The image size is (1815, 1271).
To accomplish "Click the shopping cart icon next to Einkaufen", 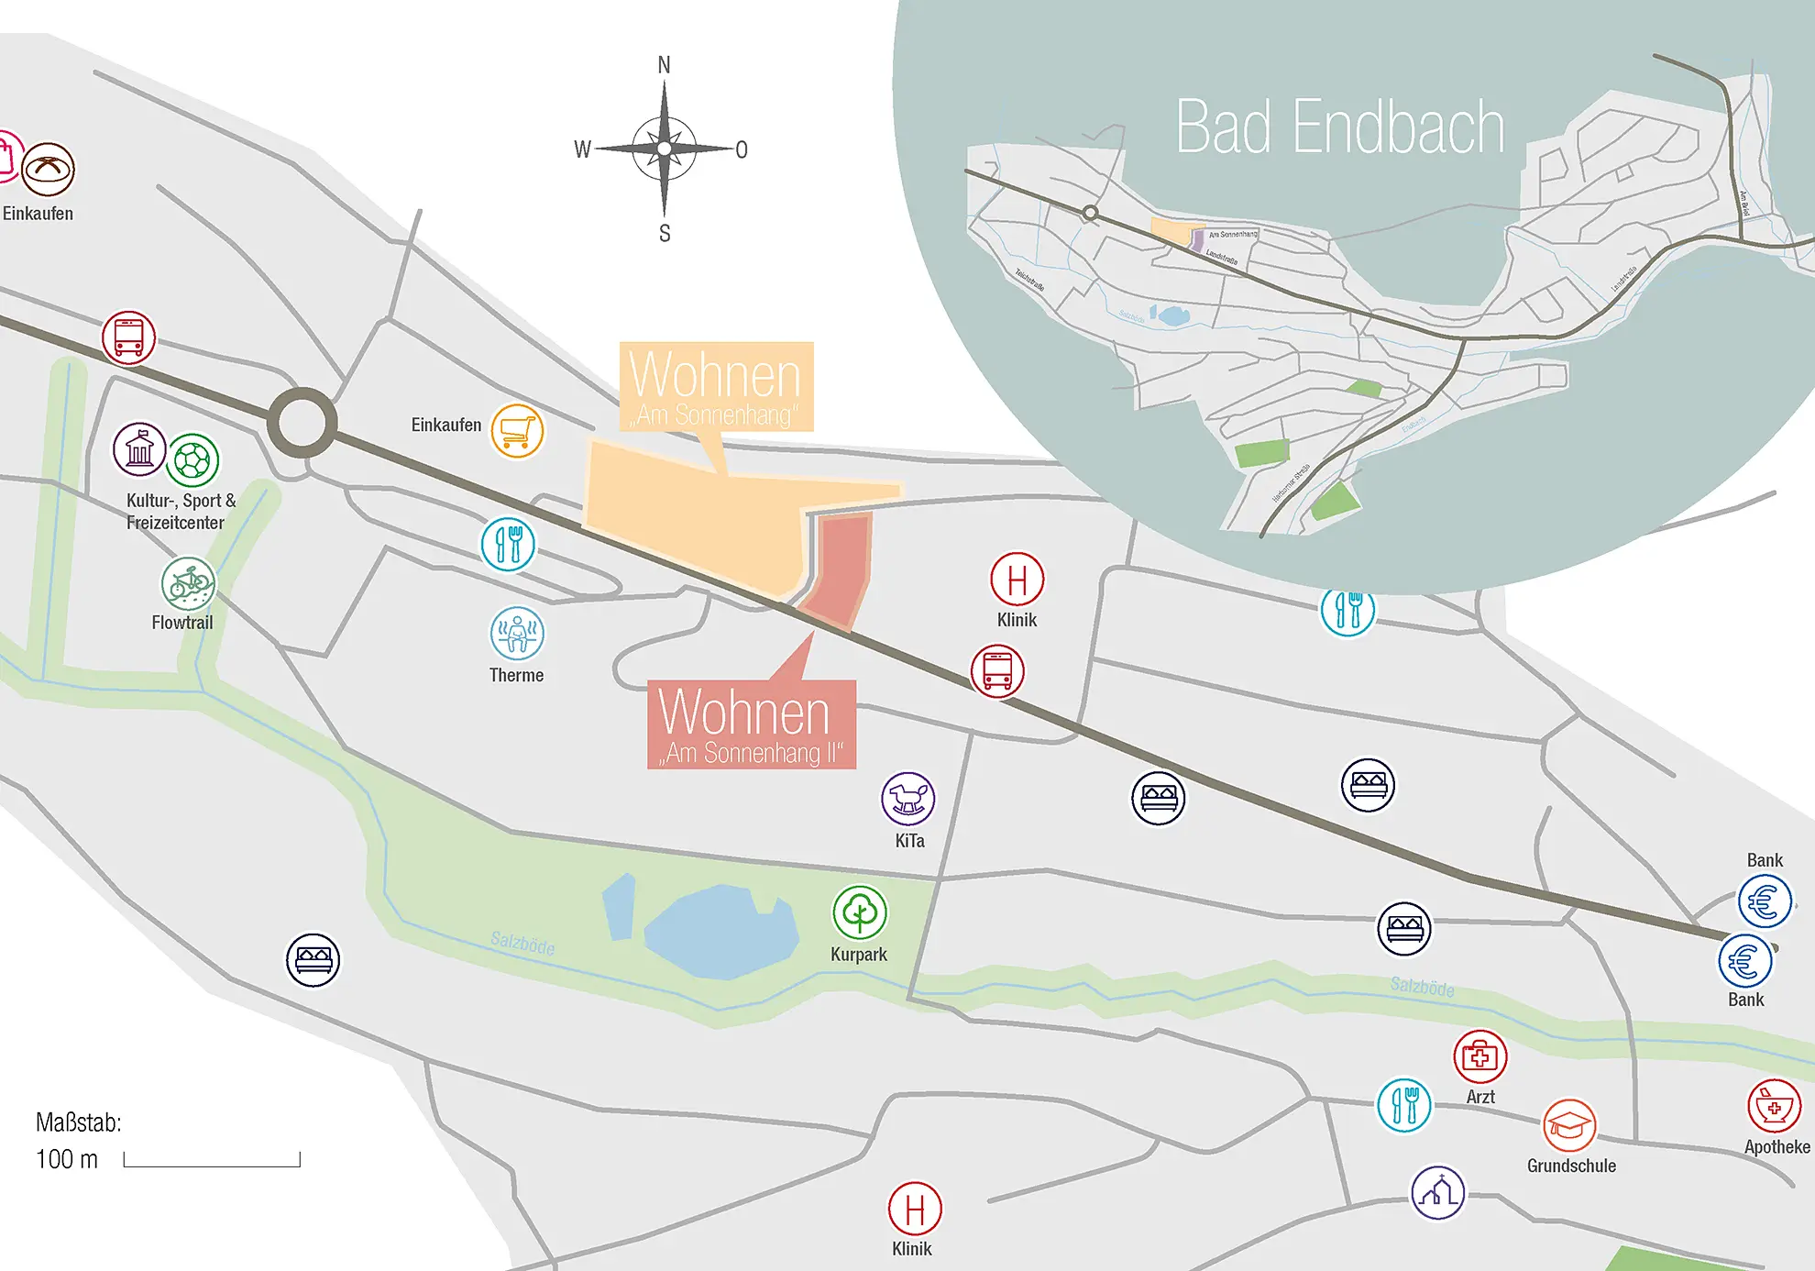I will tap(517, 431).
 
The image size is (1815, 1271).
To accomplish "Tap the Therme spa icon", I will tap(517, 633).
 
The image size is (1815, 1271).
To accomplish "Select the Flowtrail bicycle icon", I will tap(188, 583).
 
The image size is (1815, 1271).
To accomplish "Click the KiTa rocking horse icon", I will tap(907, 798).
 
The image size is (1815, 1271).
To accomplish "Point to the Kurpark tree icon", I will tap(860, 912).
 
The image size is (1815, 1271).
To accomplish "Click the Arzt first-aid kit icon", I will tap(1479, 1056).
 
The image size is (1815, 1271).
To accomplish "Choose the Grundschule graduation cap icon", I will tap(1569, 1125).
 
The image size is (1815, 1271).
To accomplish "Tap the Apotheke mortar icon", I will tap(1775, 1106).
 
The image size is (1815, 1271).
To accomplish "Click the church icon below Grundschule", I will tap(1437, 1192).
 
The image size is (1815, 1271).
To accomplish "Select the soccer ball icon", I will tap(192, 460).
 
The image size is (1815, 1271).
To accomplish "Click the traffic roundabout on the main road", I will tap(302, 423).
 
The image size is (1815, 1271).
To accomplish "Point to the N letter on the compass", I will tap(665, 65).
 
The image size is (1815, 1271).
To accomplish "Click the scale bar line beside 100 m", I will tap(212, 1165).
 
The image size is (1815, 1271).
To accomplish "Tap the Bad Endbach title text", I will tap(1340, 127).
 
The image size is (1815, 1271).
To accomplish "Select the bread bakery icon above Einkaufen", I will tap(48, 169).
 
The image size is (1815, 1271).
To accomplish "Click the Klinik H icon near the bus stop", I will tap(1017, 580).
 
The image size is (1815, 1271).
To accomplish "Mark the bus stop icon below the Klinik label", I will tap(997, 670).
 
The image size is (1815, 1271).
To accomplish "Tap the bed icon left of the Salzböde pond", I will tap(313, 960).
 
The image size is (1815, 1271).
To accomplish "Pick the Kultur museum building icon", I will tap(139, 449).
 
